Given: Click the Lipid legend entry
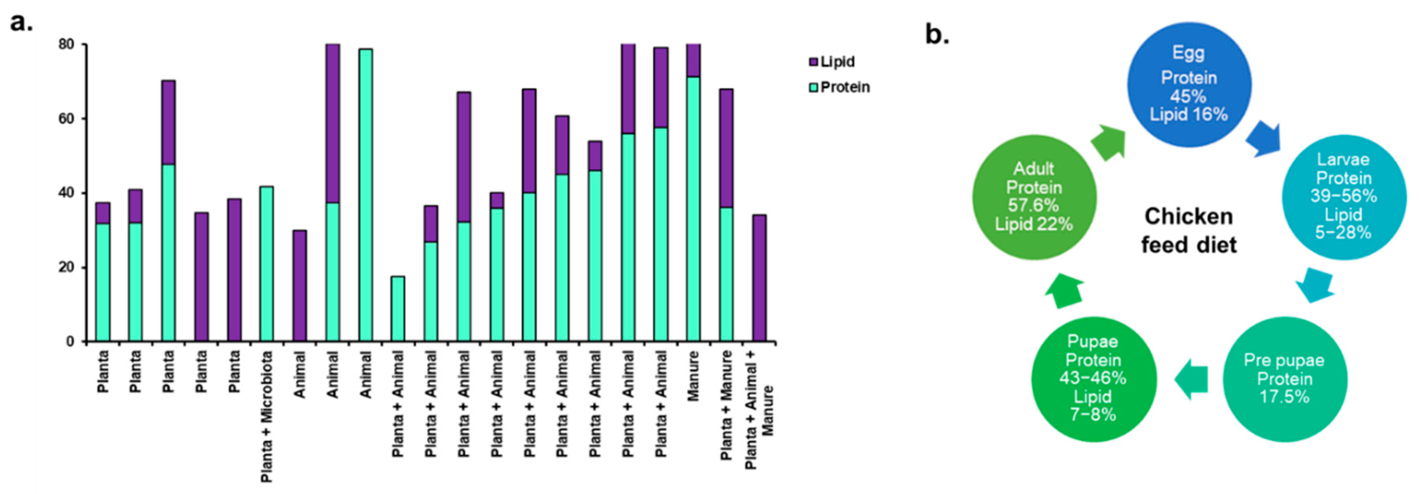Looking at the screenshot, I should point(832,62).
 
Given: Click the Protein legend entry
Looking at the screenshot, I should point(839,87).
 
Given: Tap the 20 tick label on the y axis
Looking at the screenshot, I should point(66,268).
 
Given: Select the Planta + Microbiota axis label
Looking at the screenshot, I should point(267,416).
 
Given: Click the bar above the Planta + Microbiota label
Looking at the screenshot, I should point(267,264).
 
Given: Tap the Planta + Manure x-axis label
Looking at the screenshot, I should point(726,405).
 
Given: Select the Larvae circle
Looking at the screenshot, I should point(1343,197).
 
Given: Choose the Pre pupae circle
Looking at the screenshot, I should point(1284,379).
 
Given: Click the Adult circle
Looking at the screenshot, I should point(1034,197).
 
